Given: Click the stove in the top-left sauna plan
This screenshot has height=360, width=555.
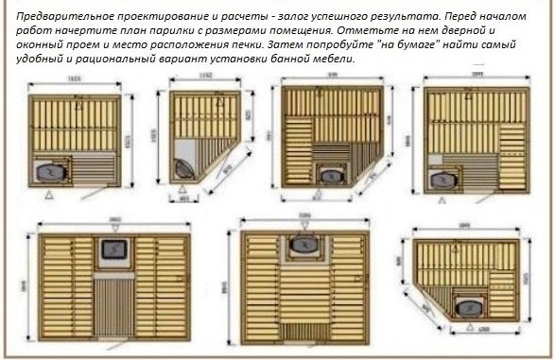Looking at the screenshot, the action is pos(52,170).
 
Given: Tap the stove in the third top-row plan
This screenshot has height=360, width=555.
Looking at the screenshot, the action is pos(330,175).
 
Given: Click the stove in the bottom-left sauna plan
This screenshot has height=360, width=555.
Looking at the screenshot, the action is pos(114,248).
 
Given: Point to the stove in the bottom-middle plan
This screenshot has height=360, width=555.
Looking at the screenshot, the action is pos(303,245).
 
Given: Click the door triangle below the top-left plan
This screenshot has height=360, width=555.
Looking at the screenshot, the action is pos(47,195).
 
